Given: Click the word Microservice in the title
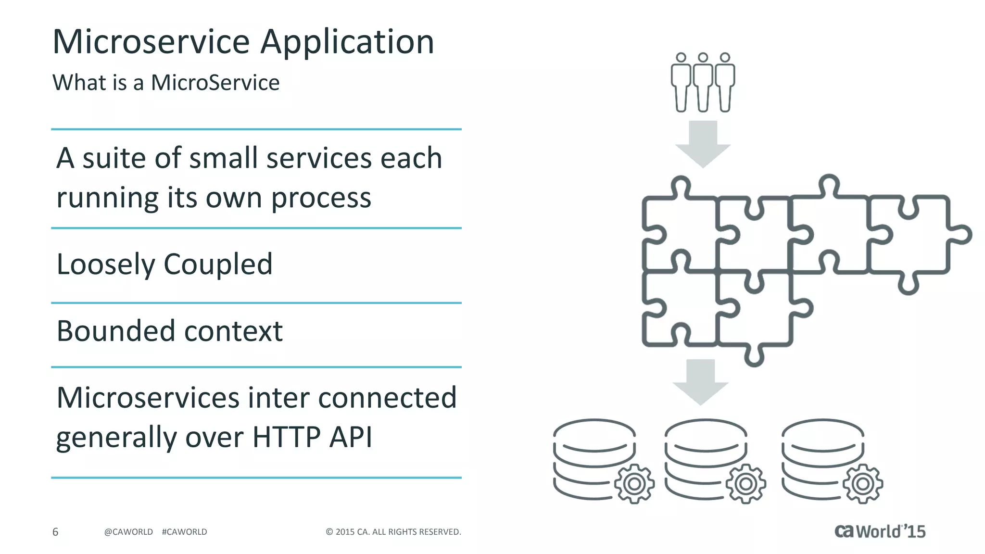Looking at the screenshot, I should coord(151,42).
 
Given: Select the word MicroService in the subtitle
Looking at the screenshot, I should coord(215,83).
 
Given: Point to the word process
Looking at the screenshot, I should coord(321,199).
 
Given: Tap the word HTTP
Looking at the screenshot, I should coord(286,437).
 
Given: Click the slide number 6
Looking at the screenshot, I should coord(55,532).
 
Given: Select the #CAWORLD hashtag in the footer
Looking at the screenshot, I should coord(185,532).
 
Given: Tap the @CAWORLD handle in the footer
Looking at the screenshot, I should coord(128,532).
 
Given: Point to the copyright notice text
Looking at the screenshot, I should coord(393,532).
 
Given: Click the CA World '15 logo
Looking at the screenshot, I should coord(880,531).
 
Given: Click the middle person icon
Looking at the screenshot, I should coord(703,82).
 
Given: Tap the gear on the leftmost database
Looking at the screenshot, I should coord(634,484).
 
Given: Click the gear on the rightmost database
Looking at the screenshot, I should coord(863,484).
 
